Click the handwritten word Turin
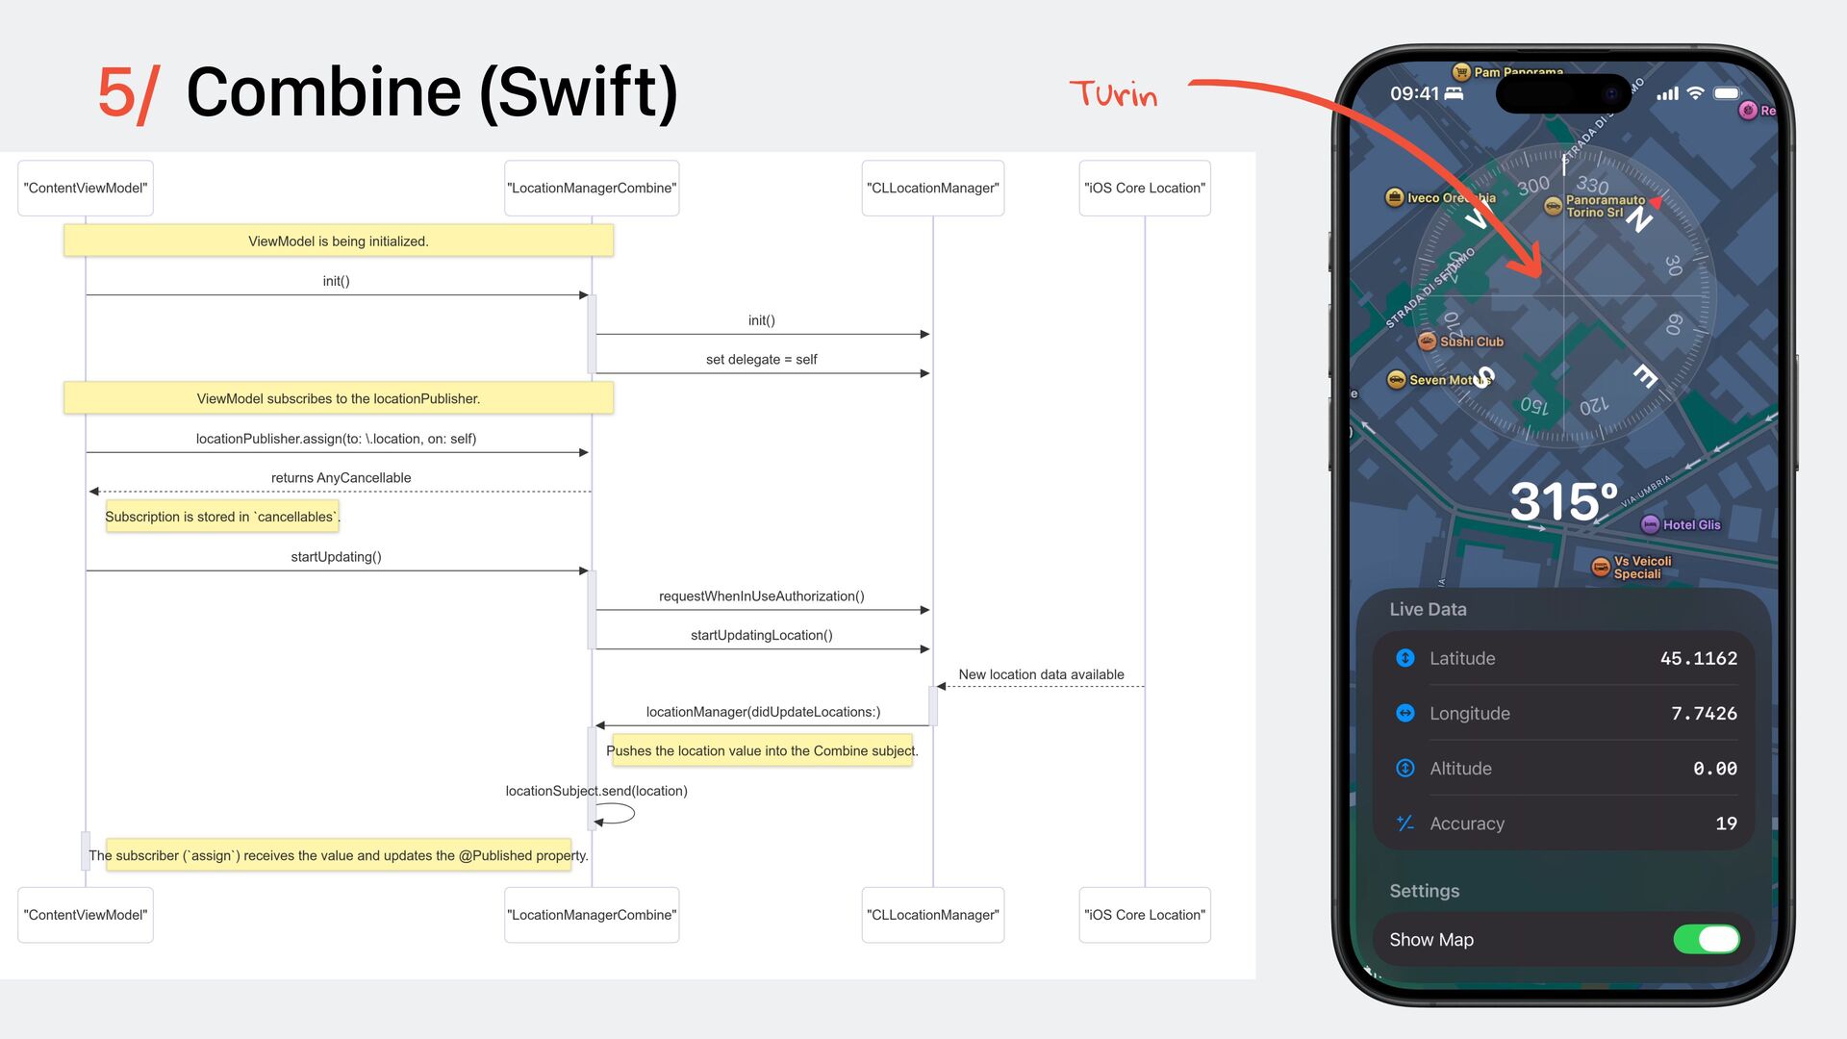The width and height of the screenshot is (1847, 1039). pyautogui.click(x=1113, y=94)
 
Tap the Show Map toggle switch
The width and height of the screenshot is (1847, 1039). pyautogui.click(x=1706, y=939)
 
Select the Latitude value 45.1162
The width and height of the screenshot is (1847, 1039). pyautogui.click(x=1698, y=659)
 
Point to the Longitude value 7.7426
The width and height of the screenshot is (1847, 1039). pyautogui.click(x=1704, y=714)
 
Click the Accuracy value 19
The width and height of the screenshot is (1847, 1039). pyautogui.click(x=1726, y=824)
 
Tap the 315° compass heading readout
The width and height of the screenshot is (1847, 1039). pyautogui.click(x=1563, y=501)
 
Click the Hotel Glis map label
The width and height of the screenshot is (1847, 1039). pyautogui.click(x=1690, y=525)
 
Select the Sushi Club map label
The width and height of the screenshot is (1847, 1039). pyautogui.click(x=1470, y=342)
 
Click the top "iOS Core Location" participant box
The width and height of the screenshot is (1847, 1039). pyautogui.click(x=1144, y=189)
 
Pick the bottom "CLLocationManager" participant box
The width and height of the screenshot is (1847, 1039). pyautogui.click(x=932, y=915)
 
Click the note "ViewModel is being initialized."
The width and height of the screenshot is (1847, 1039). pyautogui.click(x=338, y=241)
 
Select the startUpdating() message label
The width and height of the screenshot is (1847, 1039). pyautogui.click(x=336, y=557)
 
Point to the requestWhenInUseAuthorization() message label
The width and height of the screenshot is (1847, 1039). pyautogui.click(x=761, y=596)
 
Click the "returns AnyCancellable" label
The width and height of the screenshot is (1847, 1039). pyautogui.click(x=341, y=478)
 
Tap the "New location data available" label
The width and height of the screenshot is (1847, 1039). pyautogui.click(x=1041, y=675)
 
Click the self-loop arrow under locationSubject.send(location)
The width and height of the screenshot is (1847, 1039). pyautogui.click(x=616, y=815)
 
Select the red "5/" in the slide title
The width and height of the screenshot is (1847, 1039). pyautogui.click(x=128, y=94)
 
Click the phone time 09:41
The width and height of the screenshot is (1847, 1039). pyautogui.click(x=1414, y=94)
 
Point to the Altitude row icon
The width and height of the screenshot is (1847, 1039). pyautogui.click(x=1404, y=769)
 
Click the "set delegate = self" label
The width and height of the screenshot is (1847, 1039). pyautogui.click(x=761, y=360)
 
